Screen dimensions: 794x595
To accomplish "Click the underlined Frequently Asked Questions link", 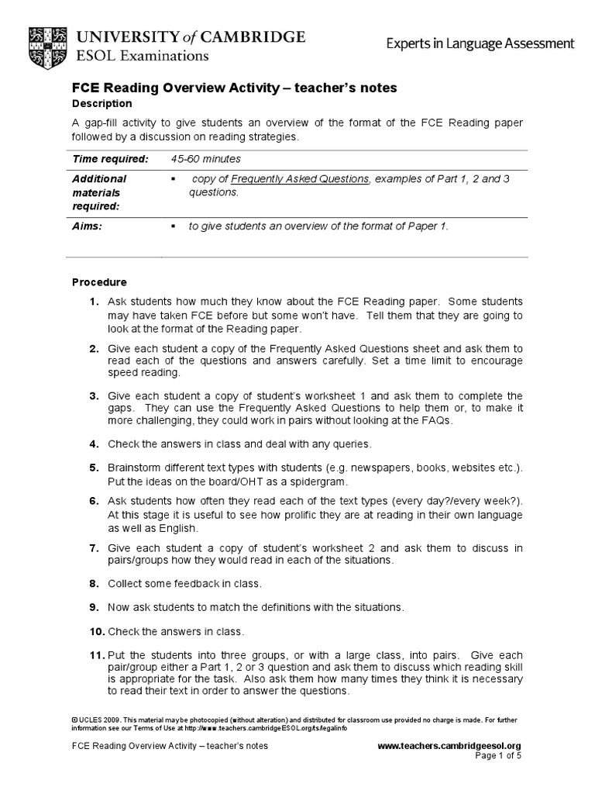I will pos(300,179).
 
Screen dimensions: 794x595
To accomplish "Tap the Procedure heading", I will pos(99,282).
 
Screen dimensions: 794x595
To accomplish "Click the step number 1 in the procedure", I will pos(93,301).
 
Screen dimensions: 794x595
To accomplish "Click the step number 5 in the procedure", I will pos(93,468).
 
